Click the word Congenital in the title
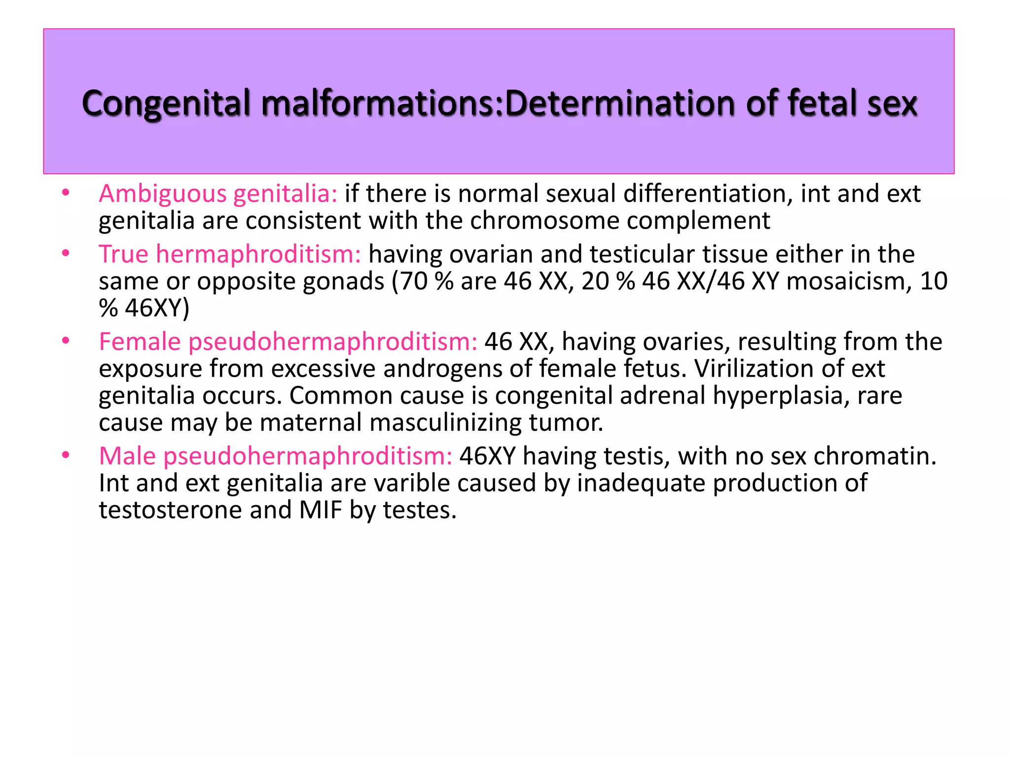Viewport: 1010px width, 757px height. coord(166,103)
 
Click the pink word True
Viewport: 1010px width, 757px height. coord(123,254)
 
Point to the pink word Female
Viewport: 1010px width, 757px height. coord(140,342)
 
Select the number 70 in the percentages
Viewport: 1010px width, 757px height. coord(414,281)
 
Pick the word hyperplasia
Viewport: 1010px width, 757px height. coord(781,396)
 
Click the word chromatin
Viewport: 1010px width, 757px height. coord(875,456)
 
